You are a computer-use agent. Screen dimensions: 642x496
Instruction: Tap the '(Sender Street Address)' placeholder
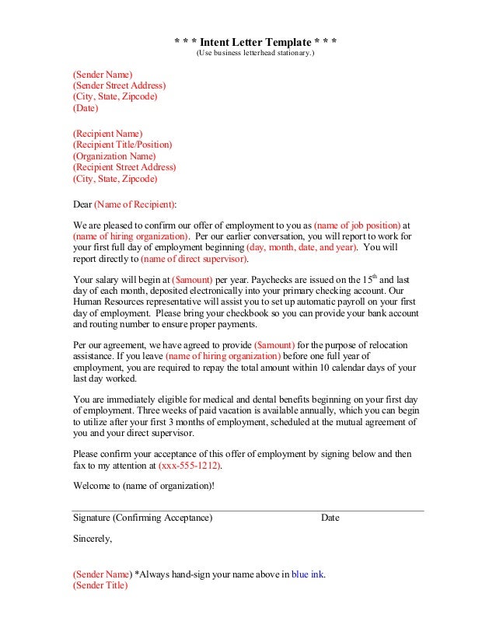click(119, 85)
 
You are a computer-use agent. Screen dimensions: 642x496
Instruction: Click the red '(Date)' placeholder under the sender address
click(86, 109)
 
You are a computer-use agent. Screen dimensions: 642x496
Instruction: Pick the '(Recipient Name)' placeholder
click(107, 134)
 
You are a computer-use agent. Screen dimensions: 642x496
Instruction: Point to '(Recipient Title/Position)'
click(122, 145)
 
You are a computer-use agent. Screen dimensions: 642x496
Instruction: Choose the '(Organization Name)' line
click(114, 155)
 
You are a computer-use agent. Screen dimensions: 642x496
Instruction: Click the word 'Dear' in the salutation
click(82, 204)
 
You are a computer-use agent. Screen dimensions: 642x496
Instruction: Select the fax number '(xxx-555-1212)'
click(190, 466)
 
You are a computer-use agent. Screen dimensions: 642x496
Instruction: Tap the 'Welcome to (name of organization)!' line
click(143, 486)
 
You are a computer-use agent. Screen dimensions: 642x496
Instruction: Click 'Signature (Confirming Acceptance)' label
click(142, 518)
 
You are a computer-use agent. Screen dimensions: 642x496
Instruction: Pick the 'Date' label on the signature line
click(330, 518)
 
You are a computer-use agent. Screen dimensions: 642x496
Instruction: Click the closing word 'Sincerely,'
click(93, 538)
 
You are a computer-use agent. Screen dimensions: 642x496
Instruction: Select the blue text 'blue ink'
click(307, 575)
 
